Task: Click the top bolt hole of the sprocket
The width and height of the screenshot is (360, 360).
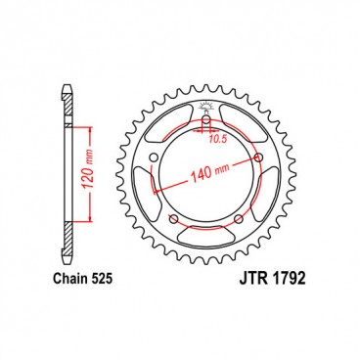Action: (x=207, y=123)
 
